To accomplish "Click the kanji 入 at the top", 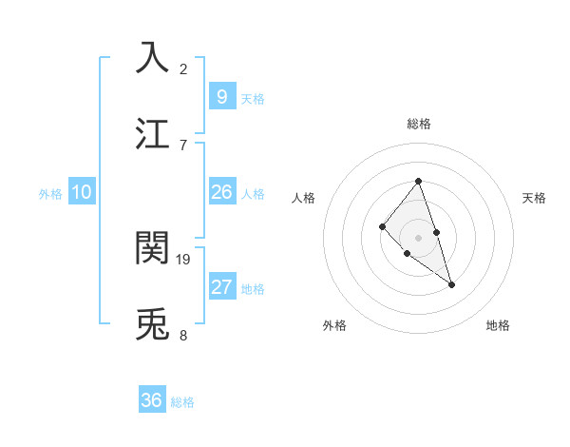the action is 152,57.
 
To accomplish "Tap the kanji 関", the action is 152,247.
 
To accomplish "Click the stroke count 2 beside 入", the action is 183,68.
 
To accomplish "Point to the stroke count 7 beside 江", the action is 183,145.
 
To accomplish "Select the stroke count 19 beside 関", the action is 184,259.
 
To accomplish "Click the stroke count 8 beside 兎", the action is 183,335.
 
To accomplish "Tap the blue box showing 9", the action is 221,97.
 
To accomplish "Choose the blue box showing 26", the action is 221,192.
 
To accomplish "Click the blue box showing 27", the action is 221,287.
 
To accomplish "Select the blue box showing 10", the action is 82,192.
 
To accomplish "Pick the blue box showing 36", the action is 152,400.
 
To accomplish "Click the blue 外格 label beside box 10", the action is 50,194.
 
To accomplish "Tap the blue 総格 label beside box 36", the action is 182,402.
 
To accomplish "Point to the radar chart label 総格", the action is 418,124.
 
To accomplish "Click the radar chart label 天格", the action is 535,198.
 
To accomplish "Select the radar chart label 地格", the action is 498,325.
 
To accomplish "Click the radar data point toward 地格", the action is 452,284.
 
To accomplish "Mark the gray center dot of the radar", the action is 418,237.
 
